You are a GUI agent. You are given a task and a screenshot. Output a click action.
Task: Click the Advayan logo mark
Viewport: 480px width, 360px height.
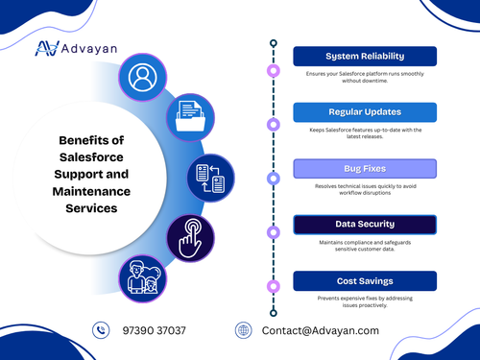pyautogui.click(x=46, y=48)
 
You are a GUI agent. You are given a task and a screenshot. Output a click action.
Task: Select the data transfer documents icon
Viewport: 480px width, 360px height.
pyautogui.click(x=210, y=178)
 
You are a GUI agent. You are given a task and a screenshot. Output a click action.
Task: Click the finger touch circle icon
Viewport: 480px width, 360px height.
pyautogui.click(x=189, y=236)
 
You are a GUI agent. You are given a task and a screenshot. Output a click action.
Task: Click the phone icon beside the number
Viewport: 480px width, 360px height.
pyautogui.click(x=102, y=330)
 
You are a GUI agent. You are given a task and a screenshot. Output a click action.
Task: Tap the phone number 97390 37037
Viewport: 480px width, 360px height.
pyautogui.click(x=155, y=330)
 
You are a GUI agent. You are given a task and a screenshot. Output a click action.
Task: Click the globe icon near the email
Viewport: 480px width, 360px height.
pyautogui.click(x=244, y=330)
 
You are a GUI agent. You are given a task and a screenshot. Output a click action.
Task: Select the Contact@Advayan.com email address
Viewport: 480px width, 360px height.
pyautogui.click(x=321, y=330)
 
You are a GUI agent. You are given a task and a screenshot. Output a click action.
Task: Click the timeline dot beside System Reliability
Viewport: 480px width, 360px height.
pyautogui.click(x=274, y=70)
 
